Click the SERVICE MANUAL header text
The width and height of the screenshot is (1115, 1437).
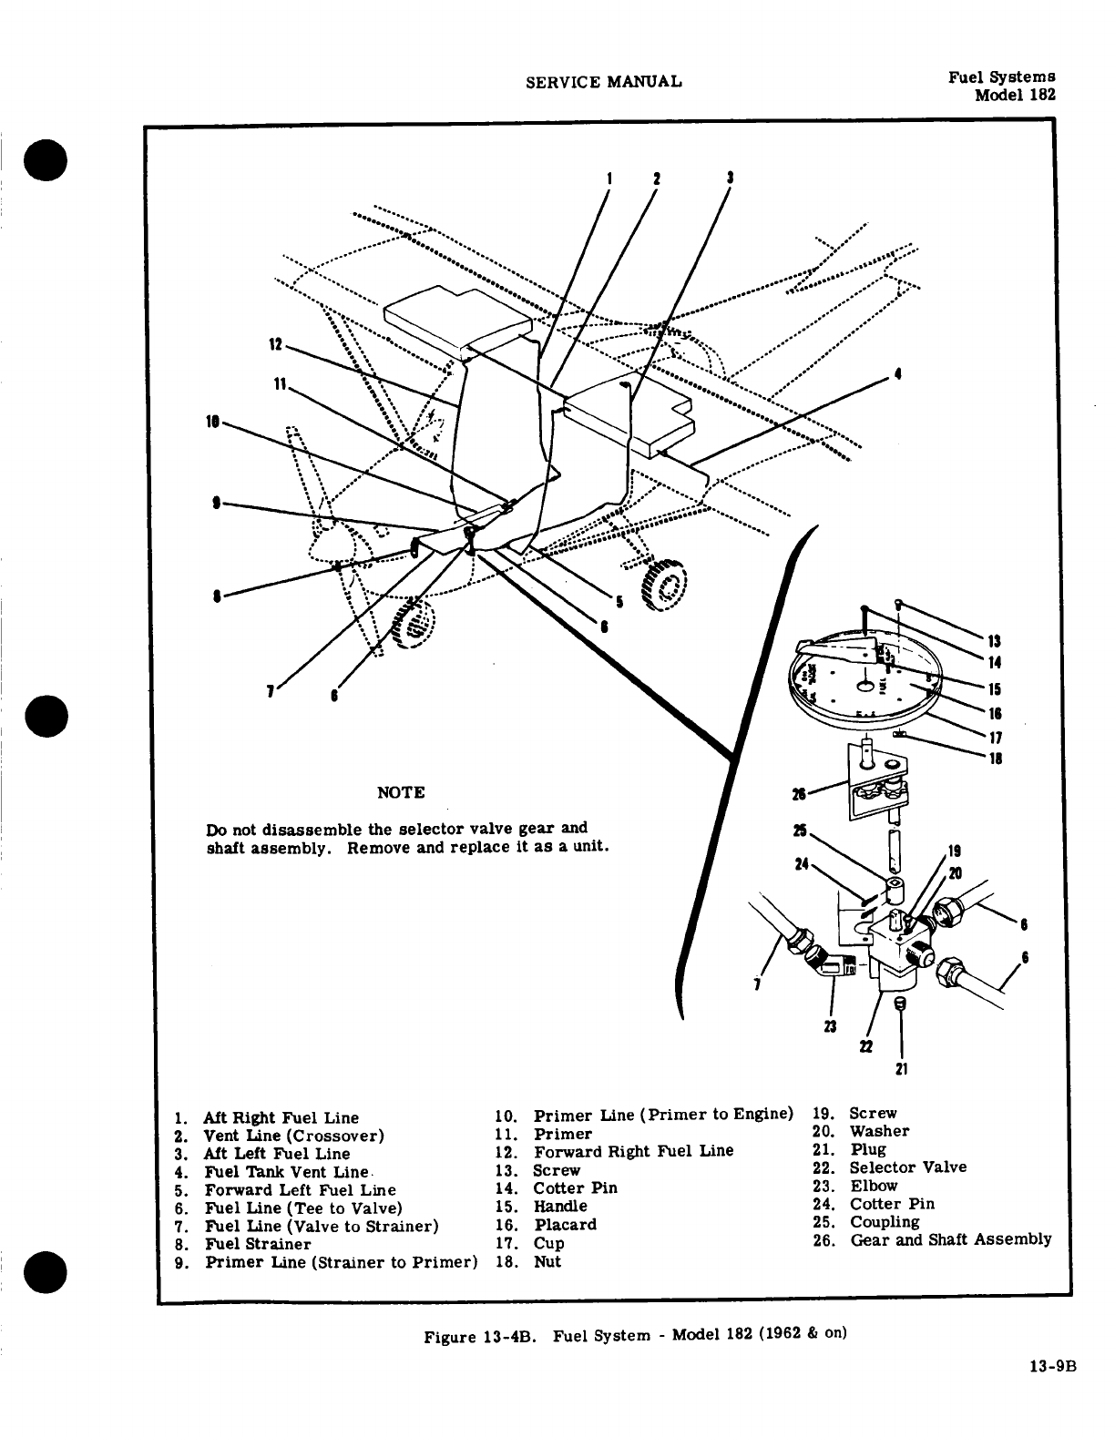(604, 82)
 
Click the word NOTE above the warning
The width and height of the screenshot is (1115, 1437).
(401, 792)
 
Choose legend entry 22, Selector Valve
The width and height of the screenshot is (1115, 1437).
(907, 1167)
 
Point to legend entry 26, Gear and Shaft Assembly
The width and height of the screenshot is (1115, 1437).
(950, 1239)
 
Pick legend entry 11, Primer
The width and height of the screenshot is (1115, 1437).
(562, 1135)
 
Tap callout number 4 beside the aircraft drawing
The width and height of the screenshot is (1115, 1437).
(898, 374)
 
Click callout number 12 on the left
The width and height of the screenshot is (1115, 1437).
(275, 345)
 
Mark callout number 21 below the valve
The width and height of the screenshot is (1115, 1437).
(901, 1068)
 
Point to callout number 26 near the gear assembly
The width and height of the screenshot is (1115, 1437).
(799, 794)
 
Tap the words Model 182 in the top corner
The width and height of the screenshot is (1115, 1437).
(1015, 95)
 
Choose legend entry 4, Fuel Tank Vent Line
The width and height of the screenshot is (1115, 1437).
(287, 1172)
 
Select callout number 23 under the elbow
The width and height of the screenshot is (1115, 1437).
(829, 1028)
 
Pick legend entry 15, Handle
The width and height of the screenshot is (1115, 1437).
(560, 1207)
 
